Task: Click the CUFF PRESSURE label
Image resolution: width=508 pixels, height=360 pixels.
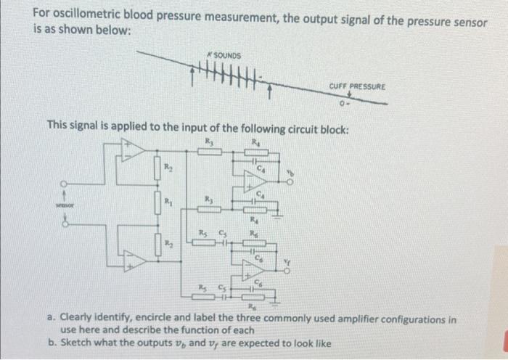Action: (x=357, y=86)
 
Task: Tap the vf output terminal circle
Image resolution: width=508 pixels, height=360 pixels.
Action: (x=289, y=271)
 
